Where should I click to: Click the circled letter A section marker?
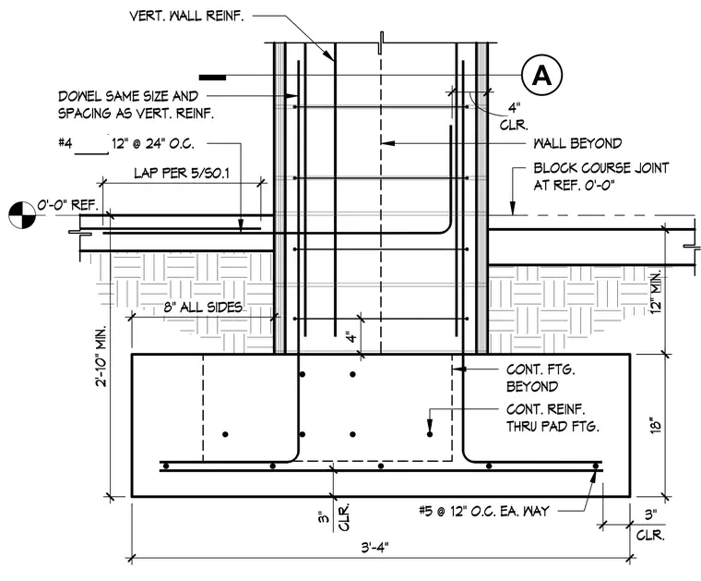(541, 75)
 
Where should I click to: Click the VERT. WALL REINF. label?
(186, 16)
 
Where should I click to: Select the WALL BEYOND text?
(577, 143)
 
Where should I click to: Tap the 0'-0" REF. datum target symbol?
(22, 215)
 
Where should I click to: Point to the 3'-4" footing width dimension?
(375, 548)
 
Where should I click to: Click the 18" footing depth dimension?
(655, 425)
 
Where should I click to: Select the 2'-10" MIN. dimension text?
(101, 356)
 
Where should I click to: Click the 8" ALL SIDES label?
(203, 307)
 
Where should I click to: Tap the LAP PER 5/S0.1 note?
(182, 173)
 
